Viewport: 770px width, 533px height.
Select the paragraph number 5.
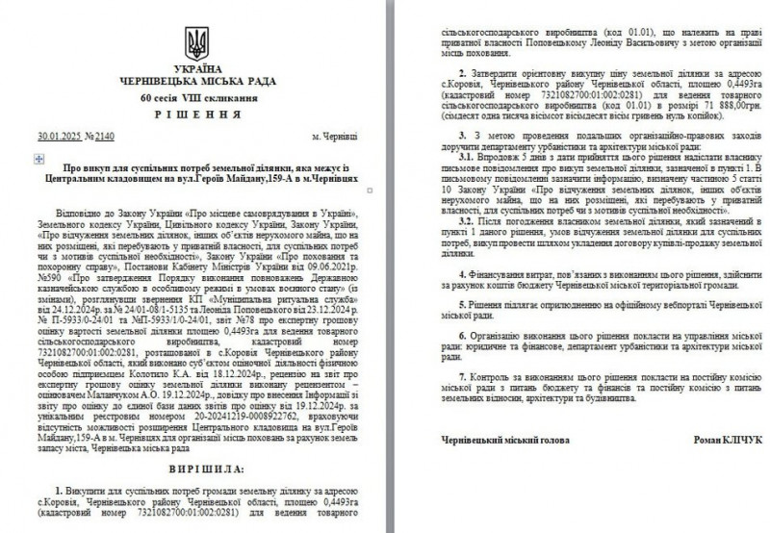click(x=462, y=301)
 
